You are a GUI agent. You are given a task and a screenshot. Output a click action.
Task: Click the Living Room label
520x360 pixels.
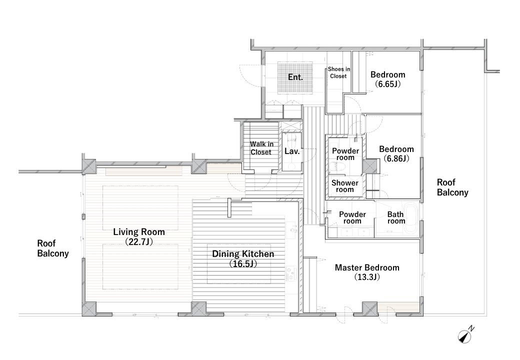pos(139,231)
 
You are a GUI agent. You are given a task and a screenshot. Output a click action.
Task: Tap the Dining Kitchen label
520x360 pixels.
pos(243,254)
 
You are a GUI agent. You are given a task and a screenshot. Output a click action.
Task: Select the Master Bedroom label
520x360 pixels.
pos(367,267)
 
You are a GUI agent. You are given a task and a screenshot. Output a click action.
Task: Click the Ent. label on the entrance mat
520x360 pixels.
pos(295,77)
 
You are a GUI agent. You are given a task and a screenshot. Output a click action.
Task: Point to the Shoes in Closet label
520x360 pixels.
pos(338,72)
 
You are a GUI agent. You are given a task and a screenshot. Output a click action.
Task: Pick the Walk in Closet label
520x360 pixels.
pos(261,148)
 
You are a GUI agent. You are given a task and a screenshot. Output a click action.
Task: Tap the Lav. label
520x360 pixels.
pos(292,151)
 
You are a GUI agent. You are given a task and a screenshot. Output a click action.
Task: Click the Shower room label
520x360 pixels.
pos(345,186)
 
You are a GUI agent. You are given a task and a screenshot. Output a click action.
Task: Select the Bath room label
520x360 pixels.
pos(396,218)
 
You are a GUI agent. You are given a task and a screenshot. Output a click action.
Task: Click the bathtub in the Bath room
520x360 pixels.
pos(410,219)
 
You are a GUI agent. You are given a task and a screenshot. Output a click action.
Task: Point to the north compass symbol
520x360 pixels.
pos(466,335)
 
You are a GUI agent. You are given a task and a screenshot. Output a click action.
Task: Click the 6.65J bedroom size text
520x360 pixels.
pos(387,84)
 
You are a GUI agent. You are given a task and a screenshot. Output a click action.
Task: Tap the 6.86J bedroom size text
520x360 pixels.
pos(396,159)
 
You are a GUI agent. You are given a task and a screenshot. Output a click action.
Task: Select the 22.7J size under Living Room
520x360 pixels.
pos(139,241)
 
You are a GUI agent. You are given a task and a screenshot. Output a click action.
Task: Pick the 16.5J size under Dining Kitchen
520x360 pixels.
pos(243,264)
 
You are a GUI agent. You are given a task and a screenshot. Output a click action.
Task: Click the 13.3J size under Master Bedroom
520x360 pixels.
pos(367,277)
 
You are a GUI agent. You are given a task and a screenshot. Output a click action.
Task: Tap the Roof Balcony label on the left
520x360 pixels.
pos(52,248)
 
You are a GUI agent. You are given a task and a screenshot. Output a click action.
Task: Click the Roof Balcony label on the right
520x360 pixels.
pos(452,187)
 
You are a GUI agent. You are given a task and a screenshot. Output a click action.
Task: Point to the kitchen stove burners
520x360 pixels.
pos(290,273)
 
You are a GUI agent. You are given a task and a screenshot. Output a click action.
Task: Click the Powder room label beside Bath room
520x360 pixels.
pos(352,218)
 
